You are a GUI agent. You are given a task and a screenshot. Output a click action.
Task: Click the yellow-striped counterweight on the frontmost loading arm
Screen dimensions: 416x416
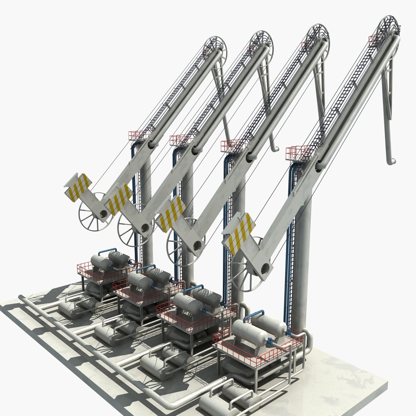pyautogui.click(x=238, y=233)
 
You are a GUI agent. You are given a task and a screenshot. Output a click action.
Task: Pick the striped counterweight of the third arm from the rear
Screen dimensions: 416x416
pyautogui.click(x=171, y=213)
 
